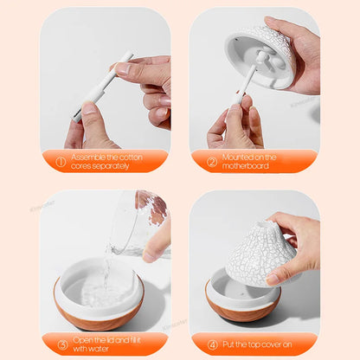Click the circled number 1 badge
pos(61,161)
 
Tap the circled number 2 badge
pos(211,161)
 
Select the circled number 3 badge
pos(61,344)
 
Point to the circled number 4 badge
pos(211,344)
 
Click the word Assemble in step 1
pos(89,157)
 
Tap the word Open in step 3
pos(82,340)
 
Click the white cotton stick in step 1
pos(103,85)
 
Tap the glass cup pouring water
pos(138,225)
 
